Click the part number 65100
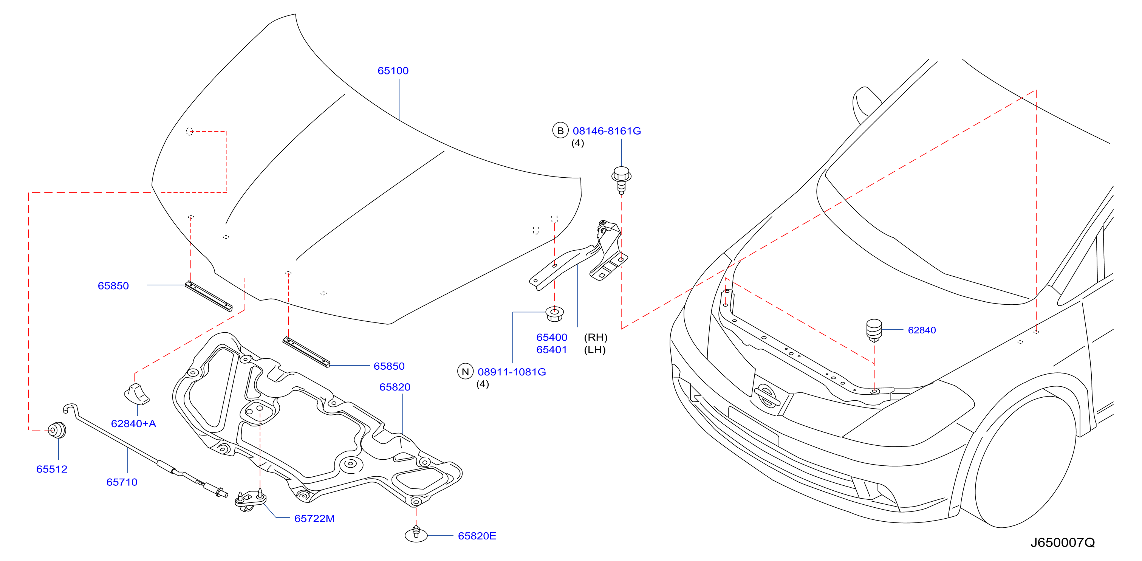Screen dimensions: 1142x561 [393, 71]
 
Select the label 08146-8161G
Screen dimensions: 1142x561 [607, 131]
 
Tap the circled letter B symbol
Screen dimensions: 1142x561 [560, 130]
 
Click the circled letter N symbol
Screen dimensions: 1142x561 [465, 372]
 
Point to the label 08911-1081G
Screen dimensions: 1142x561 [512, 372]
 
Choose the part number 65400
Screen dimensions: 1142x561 [551, 338]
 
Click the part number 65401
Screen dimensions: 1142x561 [551, 350]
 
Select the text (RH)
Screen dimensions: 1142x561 [596, 338]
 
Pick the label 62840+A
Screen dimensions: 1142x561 [133, 423]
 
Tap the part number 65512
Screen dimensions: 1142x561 [52, 469]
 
